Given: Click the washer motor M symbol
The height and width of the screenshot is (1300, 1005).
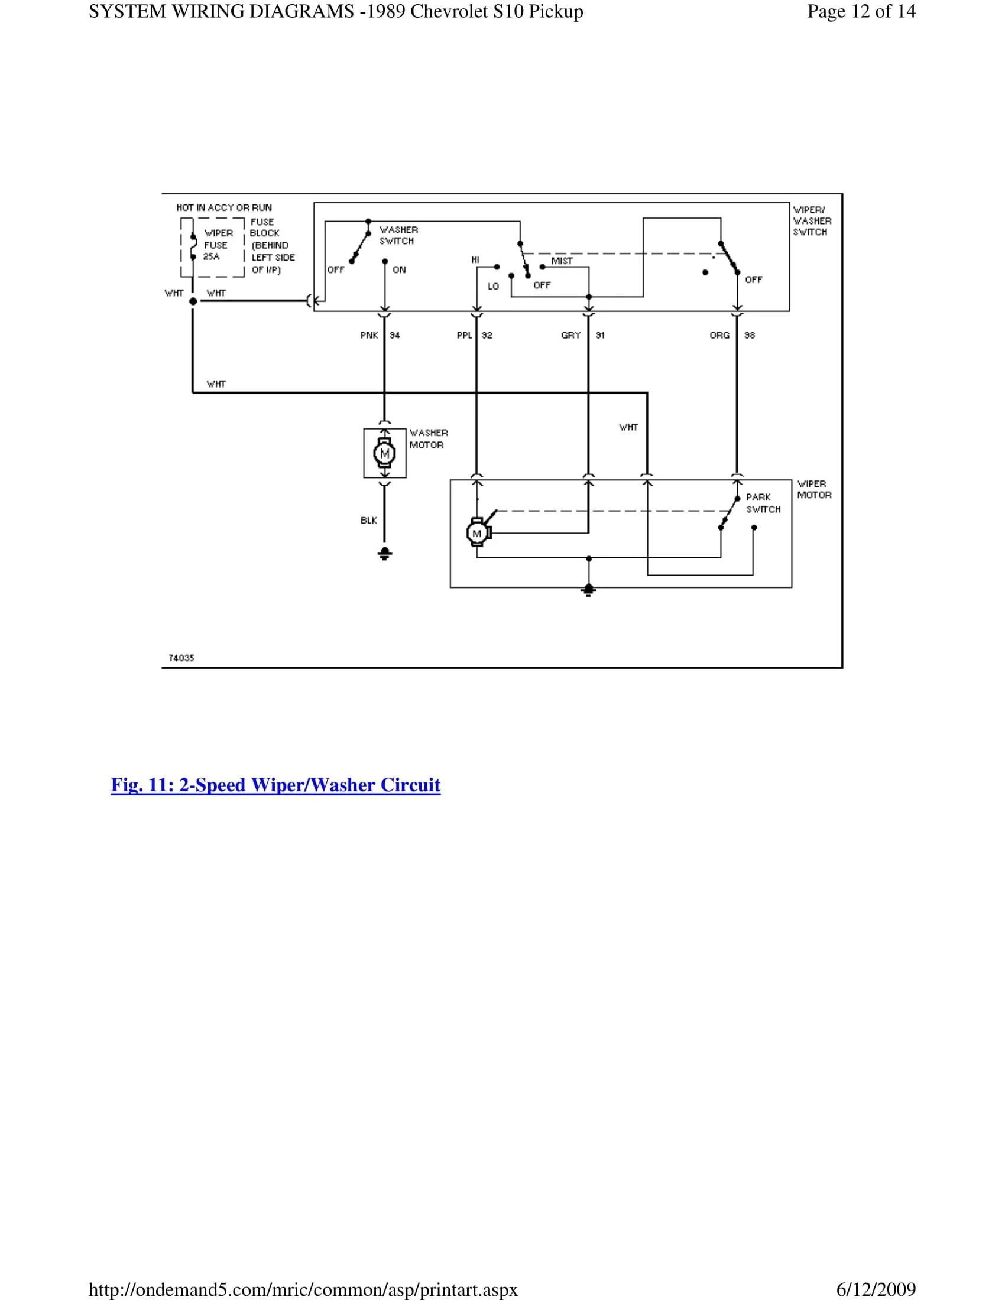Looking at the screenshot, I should pos(385,454).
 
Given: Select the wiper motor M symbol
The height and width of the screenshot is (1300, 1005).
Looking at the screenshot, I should pos(477,533).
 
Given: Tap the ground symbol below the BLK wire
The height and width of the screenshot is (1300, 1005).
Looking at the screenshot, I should pos(385,554).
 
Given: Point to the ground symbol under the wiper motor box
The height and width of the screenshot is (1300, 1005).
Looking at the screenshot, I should pos(588,590).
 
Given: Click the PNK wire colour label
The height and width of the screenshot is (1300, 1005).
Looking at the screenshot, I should pos(369,336).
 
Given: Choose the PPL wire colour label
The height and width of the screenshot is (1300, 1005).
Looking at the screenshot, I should pos(465,336).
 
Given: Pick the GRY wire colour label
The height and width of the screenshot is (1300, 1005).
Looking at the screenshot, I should pos(570,336).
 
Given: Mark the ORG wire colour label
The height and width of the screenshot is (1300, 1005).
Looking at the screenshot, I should pos(719,336).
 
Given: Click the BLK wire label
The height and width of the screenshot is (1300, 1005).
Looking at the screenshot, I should pos(368,521).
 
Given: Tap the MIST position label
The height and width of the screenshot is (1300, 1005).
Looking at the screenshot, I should pos(562,261).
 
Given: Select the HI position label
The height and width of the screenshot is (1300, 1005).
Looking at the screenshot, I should pos(475,260).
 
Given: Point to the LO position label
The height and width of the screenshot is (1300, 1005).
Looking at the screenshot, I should pos(493,287).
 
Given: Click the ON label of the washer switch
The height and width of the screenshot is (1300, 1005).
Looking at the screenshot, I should pos(399,270).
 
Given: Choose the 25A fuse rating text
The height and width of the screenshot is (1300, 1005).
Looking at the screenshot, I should pos(212,256).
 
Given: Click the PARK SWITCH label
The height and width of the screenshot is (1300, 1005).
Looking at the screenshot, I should pos(763,503).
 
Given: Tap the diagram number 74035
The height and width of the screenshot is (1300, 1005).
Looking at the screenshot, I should pos(181,658).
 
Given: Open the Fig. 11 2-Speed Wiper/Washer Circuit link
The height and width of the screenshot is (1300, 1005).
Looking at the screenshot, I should pos(275,785).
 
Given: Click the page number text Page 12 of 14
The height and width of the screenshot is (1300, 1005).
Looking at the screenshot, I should pos(861,11).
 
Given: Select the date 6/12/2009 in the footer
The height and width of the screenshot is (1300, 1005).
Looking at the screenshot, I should pos(876,1289).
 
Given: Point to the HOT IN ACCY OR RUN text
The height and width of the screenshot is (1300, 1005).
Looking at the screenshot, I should pos(224,208).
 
